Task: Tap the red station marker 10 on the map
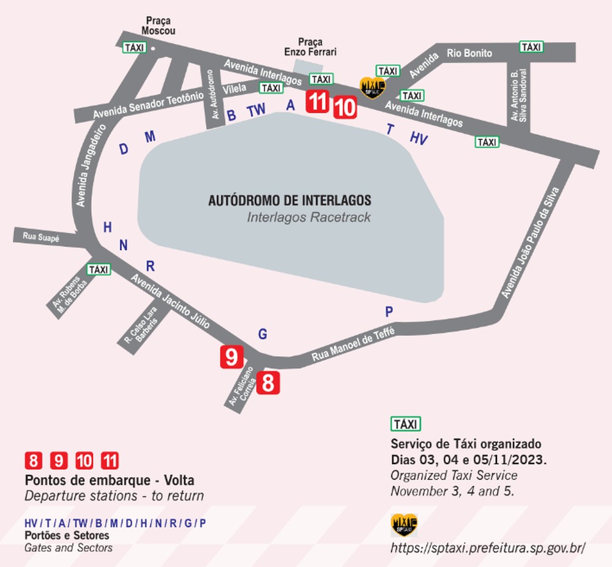click(345, 108)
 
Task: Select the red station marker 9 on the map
click(231, 357)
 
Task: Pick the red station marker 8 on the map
click(268, 382)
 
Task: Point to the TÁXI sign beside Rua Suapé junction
click(98, 270)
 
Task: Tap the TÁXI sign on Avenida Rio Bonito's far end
click(532, 46)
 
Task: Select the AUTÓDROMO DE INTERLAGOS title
click(289, 201)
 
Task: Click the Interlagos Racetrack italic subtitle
click(308, 217)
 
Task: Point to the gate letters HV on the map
click(419, 139)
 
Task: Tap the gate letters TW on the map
click(257, 111)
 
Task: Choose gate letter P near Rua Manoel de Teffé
click(389, 312)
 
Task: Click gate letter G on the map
click(263, 334)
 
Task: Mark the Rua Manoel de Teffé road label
click(354, 346)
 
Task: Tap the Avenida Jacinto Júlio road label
click(171, 300)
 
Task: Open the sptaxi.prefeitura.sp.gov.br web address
click(488, 547)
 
